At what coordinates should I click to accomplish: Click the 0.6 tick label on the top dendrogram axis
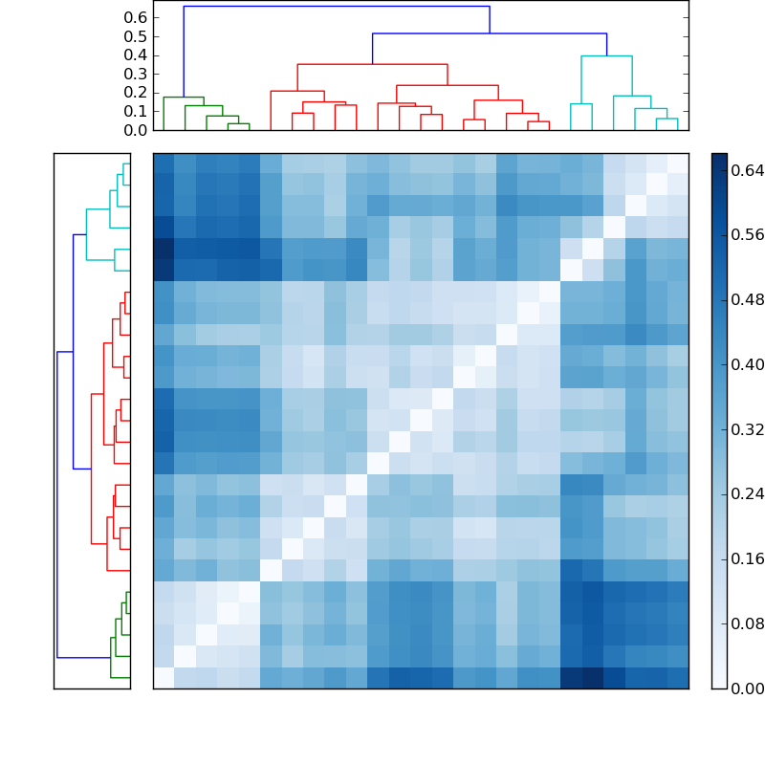click(137, 17)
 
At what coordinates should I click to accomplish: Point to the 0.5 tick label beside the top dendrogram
click(137, 36)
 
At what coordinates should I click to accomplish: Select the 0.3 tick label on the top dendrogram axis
click(137, 74)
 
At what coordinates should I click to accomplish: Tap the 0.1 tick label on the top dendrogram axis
click(137, 111)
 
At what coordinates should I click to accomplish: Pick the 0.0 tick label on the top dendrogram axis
click(137, 130)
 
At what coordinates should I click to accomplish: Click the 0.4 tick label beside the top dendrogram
click(137, 55)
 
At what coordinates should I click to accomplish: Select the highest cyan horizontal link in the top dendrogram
click(606, 56)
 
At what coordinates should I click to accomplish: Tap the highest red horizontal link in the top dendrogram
click(372, 64)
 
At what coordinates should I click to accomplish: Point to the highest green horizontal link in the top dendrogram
click(184, 98)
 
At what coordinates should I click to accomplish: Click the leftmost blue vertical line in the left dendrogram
click(57, 505)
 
